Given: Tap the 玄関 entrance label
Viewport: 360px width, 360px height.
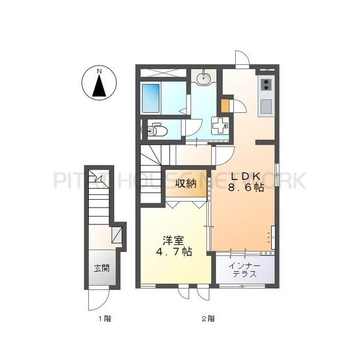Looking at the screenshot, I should [101, 269].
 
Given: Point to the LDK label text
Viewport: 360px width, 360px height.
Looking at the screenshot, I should [243, 176].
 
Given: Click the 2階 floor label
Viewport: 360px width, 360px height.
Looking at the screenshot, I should [207, 318].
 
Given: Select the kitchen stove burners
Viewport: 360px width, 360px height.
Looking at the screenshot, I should [265, 86].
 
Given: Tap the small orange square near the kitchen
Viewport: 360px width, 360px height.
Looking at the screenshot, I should [225, 106].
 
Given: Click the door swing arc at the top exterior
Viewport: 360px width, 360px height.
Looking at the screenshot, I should [241, 59].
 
